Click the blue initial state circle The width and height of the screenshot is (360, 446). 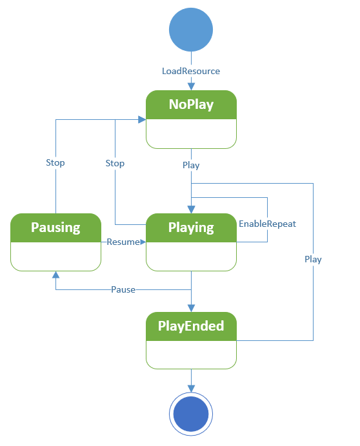click(191, 30)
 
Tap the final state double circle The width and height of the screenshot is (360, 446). click(191, 414)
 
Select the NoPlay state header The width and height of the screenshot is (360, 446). click(191, 105)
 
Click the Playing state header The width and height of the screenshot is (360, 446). click(191, 228)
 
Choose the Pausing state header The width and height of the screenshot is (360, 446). click(55, 228)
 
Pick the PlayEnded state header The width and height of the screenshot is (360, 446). click(191, 326)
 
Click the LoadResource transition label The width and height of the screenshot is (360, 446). click(191, 71)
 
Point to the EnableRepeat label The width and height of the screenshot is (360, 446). click(267, 224)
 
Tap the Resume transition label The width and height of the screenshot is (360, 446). click(123, 242)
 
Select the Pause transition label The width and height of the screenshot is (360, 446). click(123, 289)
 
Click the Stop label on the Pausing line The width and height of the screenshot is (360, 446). click(55, 163)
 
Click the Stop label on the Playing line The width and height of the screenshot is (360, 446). click(115, 163)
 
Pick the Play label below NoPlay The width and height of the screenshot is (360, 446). click(191, 165)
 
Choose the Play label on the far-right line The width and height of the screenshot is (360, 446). click(313, 259)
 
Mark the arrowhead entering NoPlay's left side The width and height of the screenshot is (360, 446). click(141, 119)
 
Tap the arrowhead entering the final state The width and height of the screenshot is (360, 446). click(191, 388)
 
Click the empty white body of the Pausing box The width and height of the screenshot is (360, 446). click(55, 256)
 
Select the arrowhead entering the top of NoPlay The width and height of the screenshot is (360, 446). click(191, 86)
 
